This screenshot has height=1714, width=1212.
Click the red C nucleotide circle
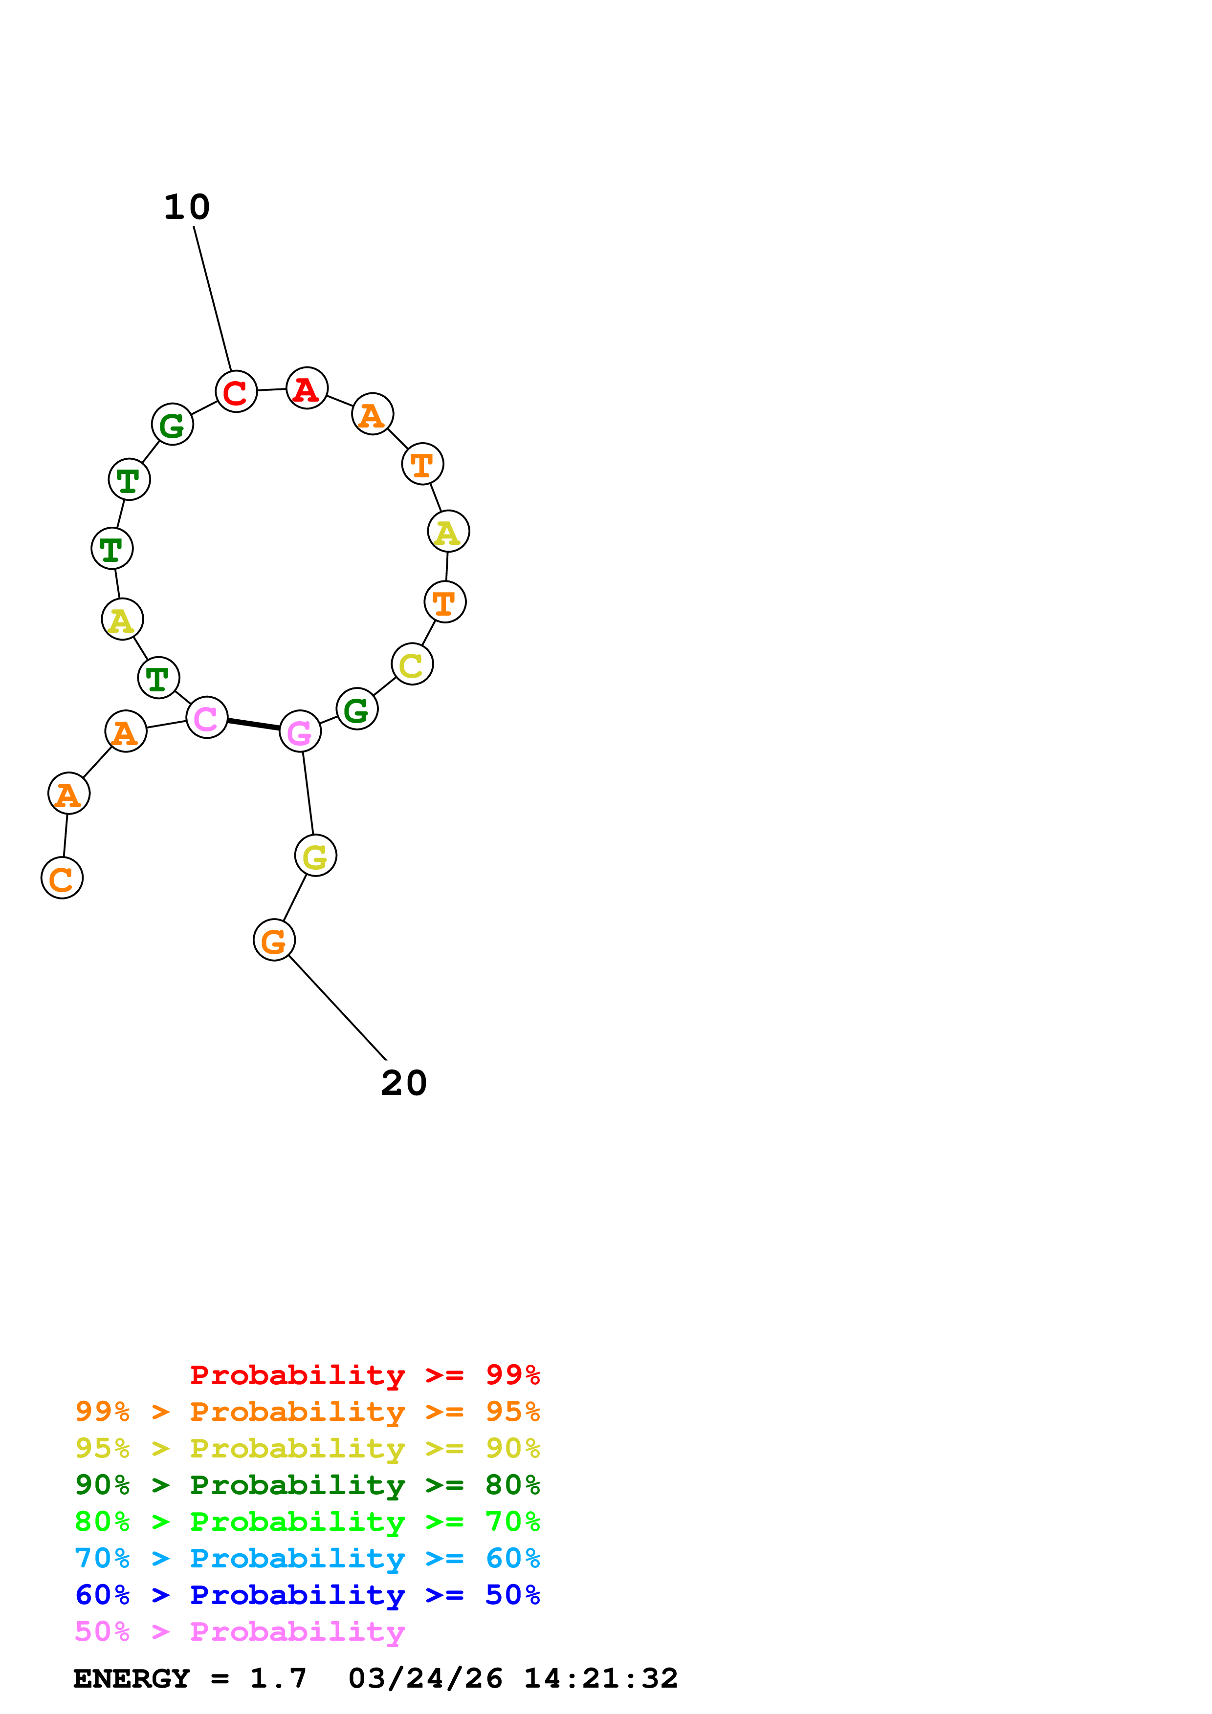pyautogui.click(x=236, y=391)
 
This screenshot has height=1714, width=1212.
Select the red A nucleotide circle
pyautogui.click(x=307, y=388)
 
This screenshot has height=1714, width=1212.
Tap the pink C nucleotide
pyautogui.click(x=207, y=717)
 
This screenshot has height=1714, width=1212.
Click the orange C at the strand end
pyautogui.click(x=62, y=878)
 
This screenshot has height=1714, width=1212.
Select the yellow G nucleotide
pyautogui.click(x=316, y=856)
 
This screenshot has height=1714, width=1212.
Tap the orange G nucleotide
pyautogui.click(x=274, y=940)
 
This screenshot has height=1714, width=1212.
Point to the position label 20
pyautogui.click(x=404, y=1083)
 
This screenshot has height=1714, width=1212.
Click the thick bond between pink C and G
pyautogui.click(x=254, y=724)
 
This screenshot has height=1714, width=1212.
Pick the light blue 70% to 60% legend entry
pyautogui.click(x=307, y=1559)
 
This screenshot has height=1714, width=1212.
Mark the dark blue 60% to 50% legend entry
pyautogui.click(x=307, y=1595)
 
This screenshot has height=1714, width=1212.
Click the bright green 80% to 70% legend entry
pyautogui.click(x=307, y=1522)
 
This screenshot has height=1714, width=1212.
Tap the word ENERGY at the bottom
pyautogui.click(x=132, y=1679)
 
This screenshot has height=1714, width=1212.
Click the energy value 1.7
pyautogui.click(x=278, y=1679)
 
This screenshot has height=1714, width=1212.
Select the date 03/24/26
pyautogui.click(x=425, y=1679)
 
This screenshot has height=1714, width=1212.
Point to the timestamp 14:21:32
pyautogui.click(x=600, y=1679)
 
